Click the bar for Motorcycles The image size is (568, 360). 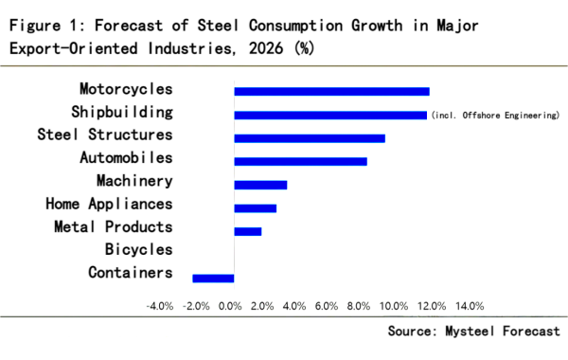point(331,91)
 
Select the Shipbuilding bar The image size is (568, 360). point(330,115)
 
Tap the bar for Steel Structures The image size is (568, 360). point(310,137)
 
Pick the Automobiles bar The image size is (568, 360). point(300,161)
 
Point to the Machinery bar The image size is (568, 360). point(260,185)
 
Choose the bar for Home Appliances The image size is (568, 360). point(256,207)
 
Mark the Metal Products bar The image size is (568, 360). point(248,231)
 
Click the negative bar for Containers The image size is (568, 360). point(213,278)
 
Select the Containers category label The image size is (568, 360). point(131,273)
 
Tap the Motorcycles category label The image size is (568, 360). point(127,89)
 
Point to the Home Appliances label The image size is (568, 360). point(109,204)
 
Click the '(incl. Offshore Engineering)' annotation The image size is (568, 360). point(495,115)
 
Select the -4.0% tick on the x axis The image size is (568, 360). point(159,306)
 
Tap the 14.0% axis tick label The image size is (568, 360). point(470,306)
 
